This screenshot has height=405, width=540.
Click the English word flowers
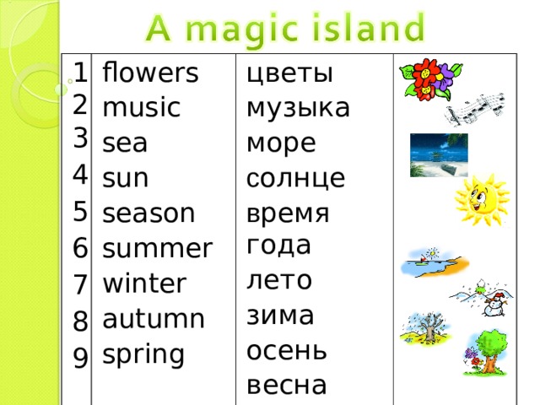149,73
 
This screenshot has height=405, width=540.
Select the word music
140,108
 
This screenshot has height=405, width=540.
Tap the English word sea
124,144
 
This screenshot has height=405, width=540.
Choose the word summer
157,249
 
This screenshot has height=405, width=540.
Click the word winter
143,283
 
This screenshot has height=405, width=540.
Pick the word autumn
153,319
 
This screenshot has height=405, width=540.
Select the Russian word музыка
298,108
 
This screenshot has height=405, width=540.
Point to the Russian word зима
280,315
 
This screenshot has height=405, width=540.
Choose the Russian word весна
286,385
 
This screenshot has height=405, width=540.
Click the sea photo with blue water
438,154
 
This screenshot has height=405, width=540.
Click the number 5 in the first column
81,210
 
